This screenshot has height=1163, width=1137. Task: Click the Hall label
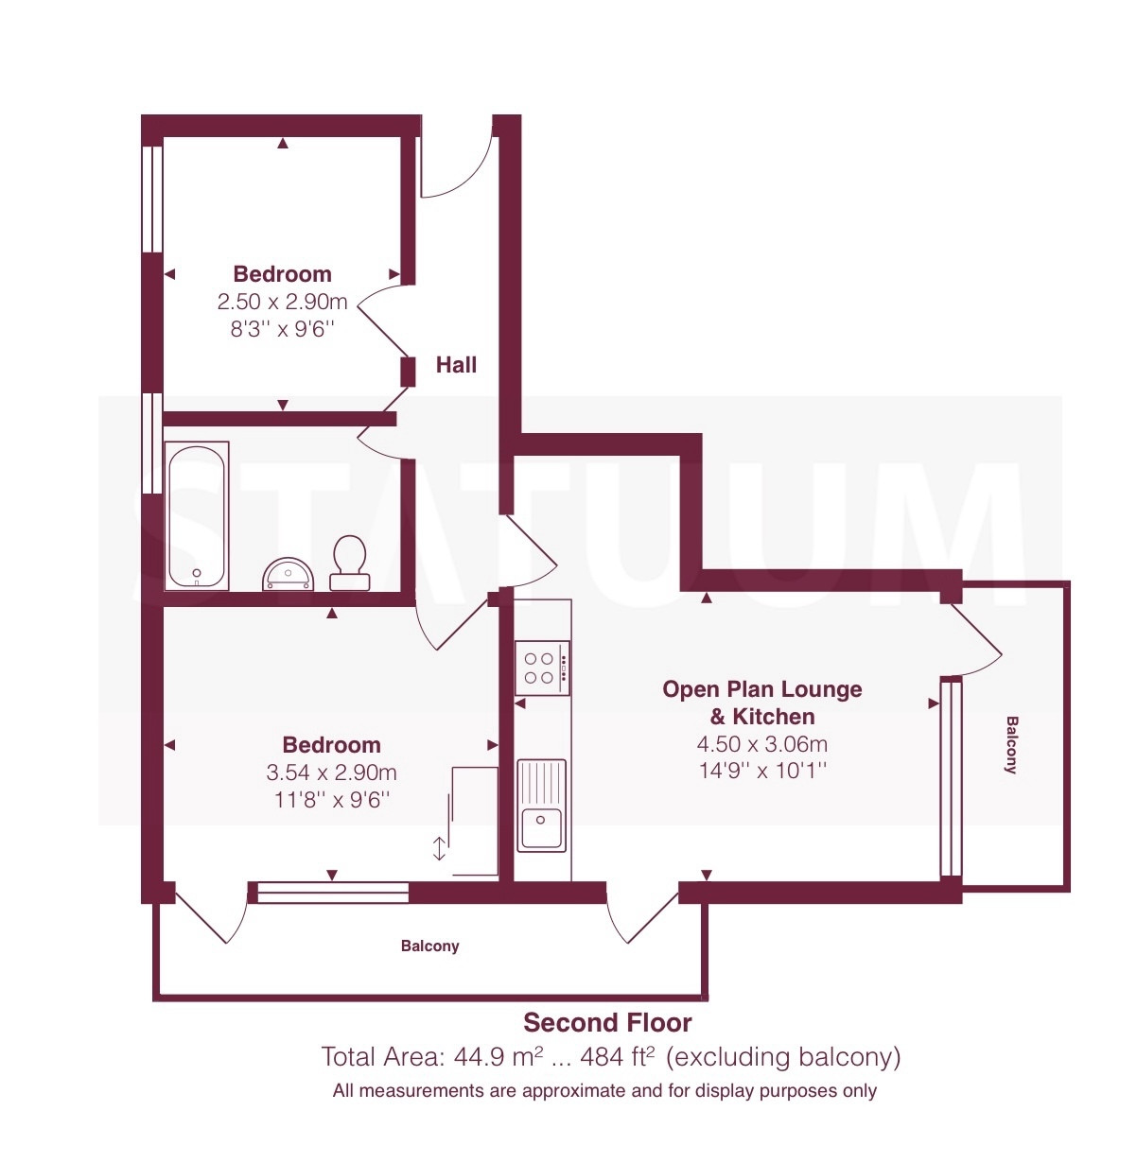456,365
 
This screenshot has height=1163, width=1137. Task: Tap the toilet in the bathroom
350,563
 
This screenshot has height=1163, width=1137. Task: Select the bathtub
197,515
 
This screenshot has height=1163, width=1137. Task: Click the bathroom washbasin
289,574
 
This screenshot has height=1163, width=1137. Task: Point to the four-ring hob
542,668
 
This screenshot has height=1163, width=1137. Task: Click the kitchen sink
541,805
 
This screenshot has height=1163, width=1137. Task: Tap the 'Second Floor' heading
607,1022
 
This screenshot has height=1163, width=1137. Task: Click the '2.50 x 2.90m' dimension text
282,302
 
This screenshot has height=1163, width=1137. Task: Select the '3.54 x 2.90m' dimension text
331,772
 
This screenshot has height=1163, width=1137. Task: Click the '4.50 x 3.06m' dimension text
762,744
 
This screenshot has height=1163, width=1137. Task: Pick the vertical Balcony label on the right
1011,745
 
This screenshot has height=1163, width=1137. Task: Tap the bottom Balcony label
429,946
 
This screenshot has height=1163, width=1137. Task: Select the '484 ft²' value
618,1056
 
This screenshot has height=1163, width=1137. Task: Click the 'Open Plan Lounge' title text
762,689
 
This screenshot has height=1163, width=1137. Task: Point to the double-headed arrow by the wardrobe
439,849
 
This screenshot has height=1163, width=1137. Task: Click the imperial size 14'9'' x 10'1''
762,771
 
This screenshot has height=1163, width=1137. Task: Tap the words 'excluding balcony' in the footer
783,1056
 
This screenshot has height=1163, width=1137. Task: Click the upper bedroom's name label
282,273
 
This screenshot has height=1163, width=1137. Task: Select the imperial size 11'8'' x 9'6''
331,800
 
